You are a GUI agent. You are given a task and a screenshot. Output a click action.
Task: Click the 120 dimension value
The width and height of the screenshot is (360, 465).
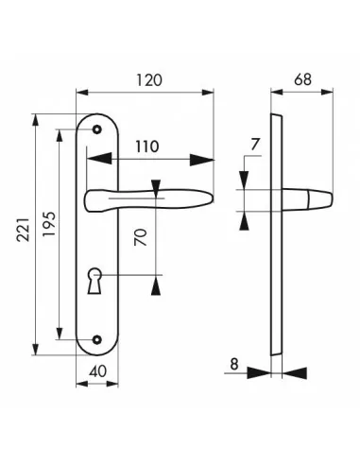tap(149, 80)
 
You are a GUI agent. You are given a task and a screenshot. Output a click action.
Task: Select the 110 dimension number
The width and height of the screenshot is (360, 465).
tap(147, 146)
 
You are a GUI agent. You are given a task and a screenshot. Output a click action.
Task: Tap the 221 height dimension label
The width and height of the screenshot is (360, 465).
tap(23, 230)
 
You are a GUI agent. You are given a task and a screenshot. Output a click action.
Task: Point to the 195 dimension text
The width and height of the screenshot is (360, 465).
tap(49, 224)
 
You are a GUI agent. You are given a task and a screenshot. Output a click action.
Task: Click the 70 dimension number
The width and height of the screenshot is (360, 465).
tap(141, 237)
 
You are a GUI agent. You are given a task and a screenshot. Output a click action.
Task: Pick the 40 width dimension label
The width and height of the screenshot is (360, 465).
tap(98, 371)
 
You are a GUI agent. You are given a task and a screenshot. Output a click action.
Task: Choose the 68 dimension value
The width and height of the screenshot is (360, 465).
tap(302, 79)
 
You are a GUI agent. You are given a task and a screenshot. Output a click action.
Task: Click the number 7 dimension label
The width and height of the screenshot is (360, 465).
tap(255, 145)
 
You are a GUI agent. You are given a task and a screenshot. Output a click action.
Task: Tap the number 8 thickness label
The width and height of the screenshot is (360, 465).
tap(234, 365)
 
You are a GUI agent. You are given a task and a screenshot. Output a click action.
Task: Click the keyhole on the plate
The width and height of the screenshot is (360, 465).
tap(94, 281)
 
